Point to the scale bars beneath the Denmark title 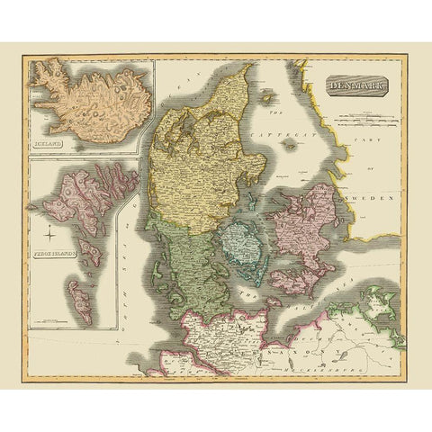355,115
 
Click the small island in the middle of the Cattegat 286,167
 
